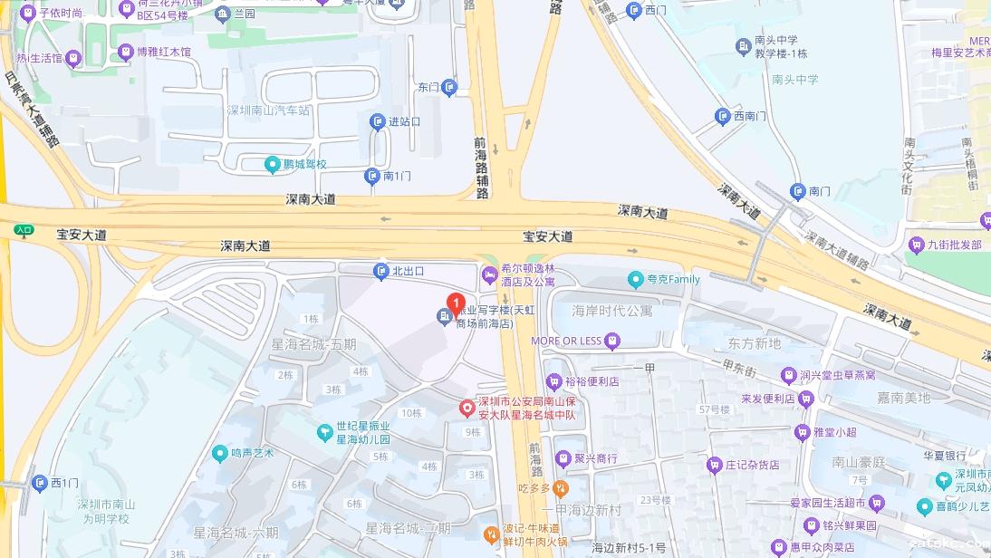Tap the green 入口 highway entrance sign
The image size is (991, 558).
[x=24, y=231]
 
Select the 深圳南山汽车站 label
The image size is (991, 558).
[x=267, y=111]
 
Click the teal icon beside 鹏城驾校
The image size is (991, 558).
[x=272, y=165]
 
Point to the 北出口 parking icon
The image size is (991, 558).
[x=381, y=271]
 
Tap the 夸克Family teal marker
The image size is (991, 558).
[x=636, y=280]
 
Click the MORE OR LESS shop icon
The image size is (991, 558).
[x=613, y=341]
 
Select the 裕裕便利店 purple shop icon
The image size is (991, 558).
[x=553, y=382]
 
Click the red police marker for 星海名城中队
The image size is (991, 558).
[x=467, y=409]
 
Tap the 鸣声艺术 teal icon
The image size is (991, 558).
[x=219, y=453]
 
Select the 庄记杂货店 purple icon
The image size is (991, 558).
[x=714, y=465]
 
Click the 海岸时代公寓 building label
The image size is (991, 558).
[x=611, y=311]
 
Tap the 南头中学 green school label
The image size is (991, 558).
[x=794, y=80]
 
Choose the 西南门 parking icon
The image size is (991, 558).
[x=722, y=116]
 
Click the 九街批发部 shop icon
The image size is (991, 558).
[x=916, y=245]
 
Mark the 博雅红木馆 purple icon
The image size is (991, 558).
[x=125, y=53]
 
